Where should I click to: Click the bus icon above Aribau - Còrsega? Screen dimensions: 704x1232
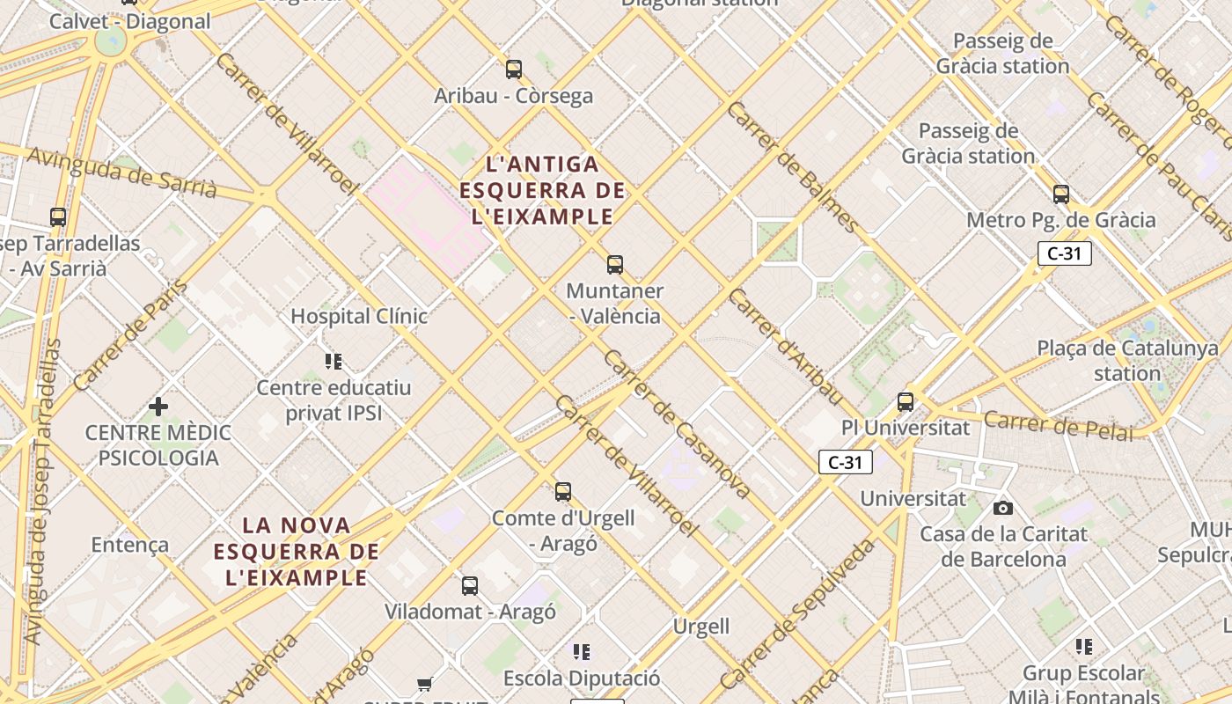(x=514, y=69)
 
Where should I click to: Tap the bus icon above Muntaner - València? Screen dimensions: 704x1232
(x=615, y=264)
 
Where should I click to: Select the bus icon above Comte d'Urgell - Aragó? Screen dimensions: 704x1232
(x=563, y=492)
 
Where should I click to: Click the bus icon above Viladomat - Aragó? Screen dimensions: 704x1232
(x=470, y=585)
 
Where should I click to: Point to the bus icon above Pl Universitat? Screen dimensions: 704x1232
(x=906, y=402)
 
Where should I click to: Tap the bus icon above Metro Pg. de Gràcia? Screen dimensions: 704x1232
(x=1061, y=194)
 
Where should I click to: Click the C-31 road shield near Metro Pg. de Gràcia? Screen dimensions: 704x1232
(x=1065, y=253)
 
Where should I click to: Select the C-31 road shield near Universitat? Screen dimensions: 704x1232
(x=846, y=462)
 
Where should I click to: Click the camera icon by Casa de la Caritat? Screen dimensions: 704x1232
(x=1002, y=508)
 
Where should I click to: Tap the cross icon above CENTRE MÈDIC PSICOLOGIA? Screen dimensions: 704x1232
(x=158, y=407)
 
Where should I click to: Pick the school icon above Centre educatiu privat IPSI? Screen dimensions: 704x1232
(x=334, y=361)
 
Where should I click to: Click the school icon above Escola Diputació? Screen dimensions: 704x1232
(x=582, y=652)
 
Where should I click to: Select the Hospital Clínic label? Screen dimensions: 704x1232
(x=359, y=316)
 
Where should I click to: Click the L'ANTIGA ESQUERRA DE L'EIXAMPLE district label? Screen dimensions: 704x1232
(x=542, y=190)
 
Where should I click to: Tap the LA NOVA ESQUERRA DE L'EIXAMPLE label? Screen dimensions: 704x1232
(x=297, y=552)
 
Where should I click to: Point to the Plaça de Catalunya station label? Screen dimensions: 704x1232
(x=1127, y=360)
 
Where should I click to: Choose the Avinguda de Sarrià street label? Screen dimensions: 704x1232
(x=121, y=172)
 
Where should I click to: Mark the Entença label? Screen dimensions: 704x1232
(x=130, y=545)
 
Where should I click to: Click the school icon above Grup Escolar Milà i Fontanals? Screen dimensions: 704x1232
(x=1084, y=647)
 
